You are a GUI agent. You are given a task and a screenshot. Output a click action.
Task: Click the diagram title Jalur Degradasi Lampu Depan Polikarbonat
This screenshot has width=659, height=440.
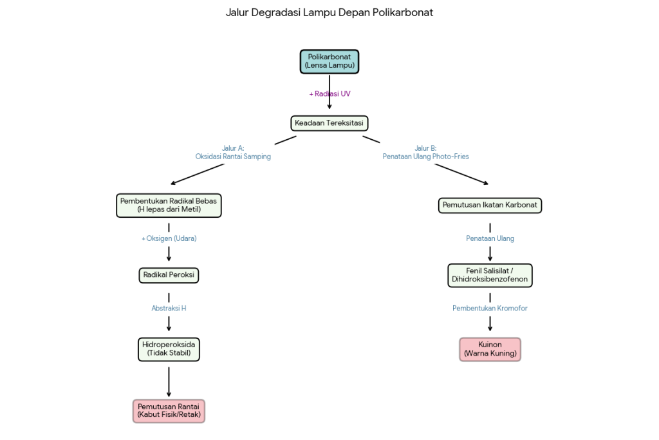coord(329,12)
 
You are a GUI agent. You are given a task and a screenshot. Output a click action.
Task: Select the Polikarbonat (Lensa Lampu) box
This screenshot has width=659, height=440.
coord(329,61)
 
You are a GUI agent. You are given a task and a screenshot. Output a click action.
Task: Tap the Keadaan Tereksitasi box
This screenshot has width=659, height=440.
coord(329,122)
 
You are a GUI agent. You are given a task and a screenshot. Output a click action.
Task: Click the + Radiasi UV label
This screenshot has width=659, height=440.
coord(329,94)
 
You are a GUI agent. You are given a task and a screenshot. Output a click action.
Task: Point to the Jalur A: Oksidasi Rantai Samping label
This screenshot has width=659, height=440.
coord(233,152)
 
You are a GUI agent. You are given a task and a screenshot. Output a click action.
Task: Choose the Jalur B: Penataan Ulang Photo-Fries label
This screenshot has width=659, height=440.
coord(425,152)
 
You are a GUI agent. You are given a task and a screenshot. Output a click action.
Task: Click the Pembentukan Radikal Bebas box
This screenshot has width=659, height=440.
coord(169,205)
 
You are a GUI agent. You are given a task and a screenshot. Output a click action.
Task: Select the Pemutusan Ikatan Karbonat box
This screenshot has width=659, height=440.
coord(490,205)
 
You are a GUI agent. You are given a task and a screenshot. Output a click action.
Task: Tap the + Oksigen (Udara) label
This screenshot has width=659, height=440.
coord(169,238)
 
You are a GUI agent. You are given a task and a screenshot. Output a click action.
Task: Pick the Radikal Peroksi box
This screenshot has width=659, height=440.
coord(169,275)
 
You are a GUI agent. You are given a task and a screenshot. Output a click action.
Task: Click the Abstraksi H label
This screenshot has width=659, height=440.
coord(169,309)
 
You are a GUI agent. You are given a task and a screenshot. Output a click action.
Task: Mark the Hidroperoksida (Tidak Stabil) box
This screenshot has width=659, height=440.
coord(169,349)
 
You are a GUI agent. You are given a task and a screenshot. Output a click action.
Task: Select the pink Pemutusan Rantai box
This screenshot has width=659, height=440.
coord(169,410)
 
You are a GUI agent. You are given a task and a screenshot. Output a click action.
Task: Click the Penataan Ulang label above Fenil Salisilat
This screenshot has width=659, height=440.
coord(490,238)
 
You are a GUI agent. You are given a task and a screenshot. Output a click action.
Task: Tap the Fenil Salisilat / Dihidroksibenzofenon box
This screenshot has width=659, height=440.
coord(490,275)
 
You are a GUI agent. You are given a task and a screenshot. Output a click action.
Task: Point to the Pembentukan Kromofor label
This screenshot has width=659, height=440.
coord(490,309)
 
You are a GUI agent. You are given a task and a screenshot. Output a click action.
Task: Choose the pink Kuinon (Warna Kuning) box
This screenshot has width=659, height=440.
coord(490,349)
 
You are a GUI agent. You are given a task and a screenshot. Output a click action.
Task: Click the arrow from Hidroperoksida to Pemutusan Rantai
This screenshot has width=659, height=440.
coord(169,381)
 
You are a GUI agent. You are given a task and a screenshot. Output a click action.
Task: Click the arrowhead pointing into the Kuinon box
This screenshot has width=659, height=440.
coord(490,328)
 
